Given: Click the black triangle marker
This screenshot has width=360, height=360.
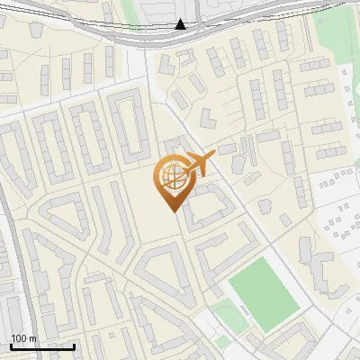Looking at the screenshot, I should click(x=181, y=24).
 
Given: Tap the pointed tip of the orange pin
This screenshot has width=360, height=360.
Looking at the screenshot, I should click(x=173, y=211).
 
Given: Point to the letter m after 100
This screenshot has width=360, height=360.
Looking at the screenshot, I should click(x=33, y=338).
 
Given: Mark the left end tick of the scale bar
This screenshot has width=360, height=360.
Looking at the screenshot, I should click(x=11, y=346).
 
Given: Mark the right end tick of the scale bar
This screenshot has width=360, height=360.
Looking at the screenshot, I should click(x=74, y=346).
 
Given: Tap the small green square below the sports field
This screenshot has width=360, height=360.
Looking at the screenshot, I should click(x=222, y=316).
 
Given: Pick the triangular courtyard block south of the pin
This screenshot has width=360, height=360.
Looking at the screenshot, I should click(x=162, y=270).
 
